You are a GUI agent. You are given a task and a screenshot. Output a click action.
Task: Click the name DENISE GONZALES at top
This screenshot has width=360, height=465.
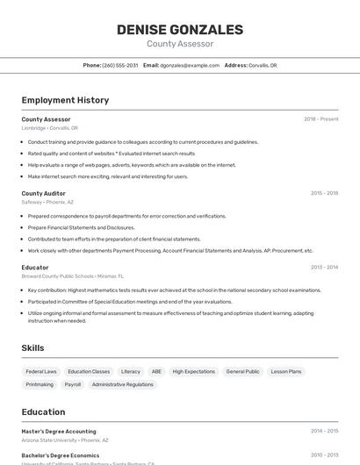click(180, 29)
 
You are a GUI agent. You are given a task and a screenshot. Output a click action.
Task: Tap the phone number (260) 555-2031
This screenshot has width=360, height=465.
click(120, 65)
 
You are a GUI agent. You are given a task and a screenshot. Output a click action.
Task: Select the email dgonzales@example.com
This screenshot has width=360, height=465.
click(190, 65)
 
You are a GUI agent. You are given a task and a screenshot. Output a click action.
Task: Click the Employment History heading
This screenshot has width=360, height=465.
click(65, 100)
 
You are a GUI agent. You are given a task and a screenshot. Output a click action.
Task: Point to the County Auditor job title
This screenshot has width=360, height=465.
click(43, 193)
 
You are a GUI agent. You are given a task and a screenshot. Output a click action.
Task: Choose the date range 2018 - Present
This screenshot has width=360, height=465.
click(320, 119)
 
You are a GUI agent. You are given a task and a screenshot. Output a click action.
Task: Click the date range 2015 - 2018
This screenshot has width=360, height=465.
click(324, 193)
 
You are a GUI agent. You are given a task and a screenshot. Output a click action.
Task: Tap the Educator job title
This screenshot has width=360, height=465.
click(35, 267)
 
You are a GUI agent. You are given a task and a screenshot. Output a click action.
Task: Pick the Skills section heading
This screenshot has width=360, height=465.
click(33, 348)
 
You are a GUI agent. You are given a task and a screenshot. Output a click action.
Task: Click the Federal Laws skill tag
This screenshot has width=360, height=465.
click(41, 371)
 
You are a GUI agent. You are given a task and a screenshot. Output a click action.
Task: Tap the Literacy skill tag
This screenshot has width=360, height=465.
click(130, 371)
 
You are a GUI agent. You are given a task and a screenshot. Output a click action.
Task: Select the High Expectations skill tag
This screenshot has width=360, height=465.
click(193, 371)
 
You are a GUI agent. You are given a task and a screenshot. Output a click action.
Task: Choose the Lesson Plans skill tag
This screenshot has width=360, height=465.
click(285, 371)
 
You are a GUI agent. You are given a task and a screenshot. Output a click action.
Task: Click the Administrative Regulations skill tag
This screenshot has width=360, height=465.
click(122, 384)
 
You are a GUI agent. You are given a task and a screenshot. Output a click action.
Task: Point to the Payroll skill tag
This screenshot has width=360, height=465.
click(73, 384)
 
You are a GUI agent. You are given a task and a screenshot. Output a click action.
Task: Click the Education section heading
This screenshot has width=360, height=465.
click(43, 411)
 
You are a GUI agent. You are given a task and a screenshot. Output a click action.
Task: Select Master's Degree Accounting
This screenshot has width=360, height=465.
click(59, 432)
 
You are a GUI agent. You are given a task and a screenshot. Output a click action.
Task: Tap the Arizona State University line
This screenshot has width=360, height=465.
click(65, 440)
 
